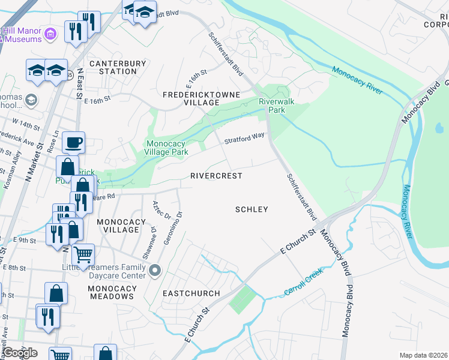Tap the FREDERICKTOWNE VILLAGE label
point(202,98)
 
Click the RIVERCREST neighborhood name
point(216,176)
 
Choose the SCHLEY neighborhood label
point(251,209)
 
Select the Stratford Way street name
point(244,139)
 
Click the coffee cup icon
point(73,143)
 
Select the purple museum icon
point(52,34)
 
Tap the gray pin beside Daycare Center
point(155,271)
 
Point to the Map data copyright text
point(424,355)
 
